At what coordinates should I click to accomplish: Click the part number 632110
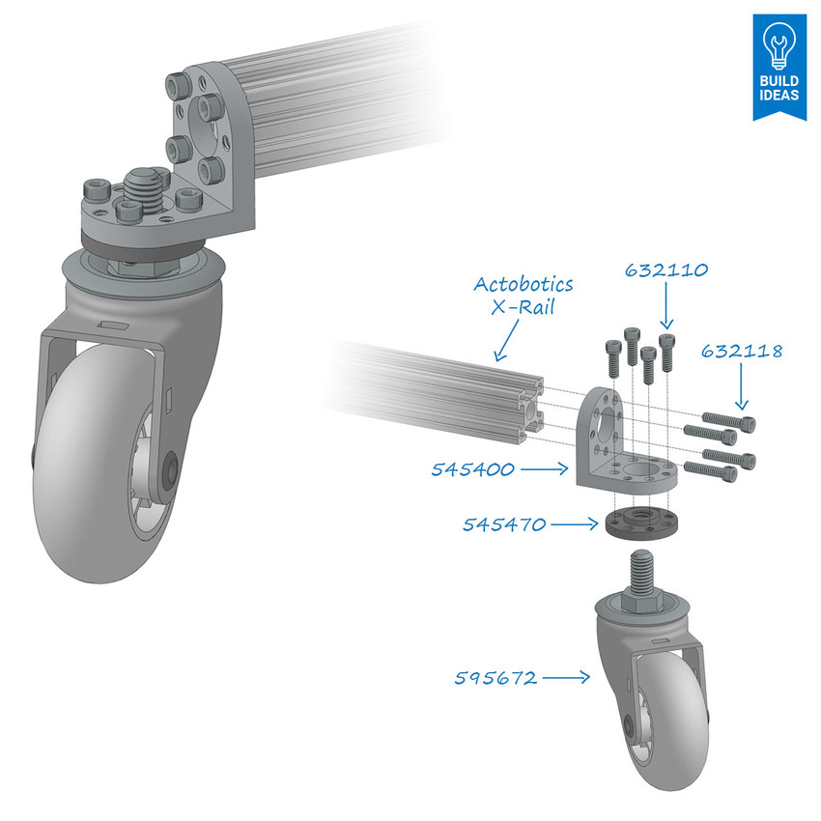[667, 272]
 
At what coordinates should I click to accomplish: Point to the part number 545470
[504, 524]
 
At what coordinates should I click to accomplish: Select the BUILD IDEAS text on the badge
[779, 88]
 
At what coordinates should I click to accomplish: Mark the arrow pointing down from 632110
[666, 311]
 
